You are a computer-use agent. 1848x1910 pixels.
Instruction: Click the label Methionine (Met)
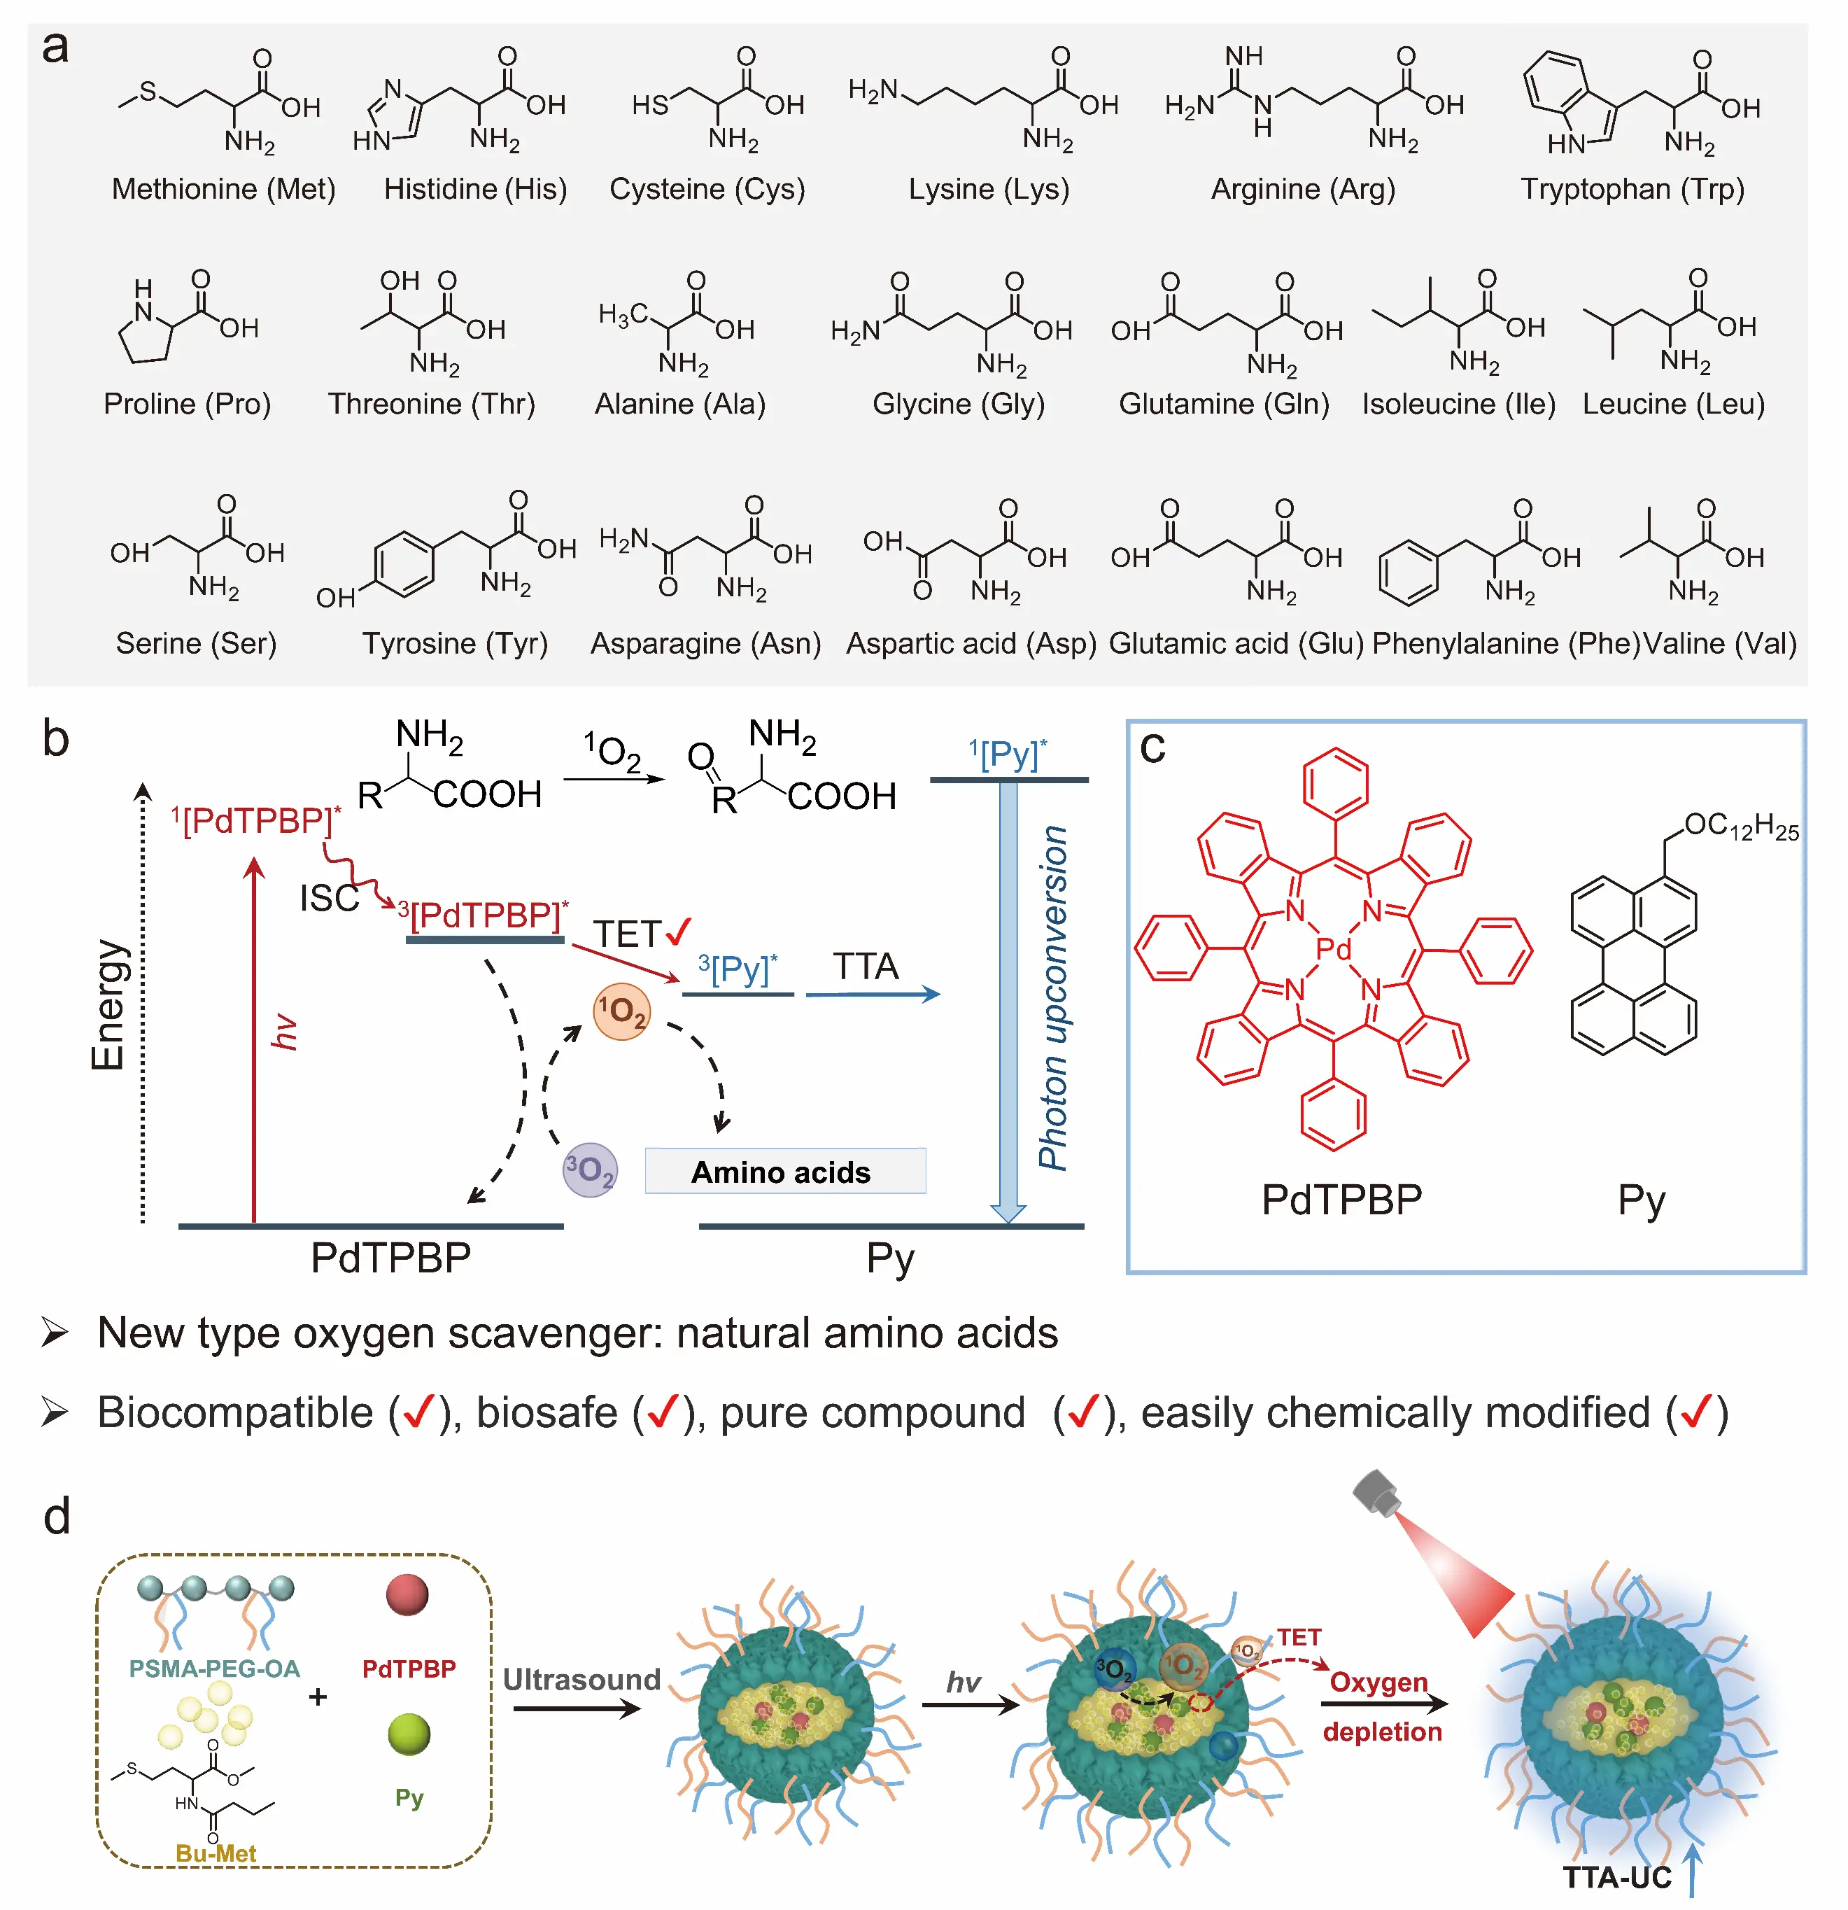[223, 189]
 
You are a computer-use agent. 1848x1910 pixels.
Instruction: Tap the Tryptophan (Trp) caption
[1632, 189]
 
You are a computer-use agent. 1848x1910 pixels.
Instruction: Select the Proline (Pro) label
[187, 403]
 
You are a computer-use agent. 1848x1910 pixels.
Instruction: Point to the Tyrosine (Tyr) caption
[455, 643]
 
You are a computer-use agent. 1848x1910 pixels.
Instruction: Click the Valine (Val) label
[1719, 643]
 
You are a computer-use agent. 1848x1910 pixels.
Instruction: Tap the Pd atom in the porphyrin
[1333, 948]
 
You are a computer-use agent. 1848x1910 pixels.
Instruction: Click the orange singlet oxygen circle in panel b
[621, 1011]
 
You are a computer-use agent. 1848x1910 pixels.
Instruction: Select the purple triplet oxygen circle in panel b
[589, 1170]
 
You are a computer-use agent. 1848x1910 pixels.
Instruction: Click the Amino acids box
[784, 1172]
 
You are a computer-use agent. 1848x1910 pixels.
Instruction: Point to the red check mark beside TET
[678, 932]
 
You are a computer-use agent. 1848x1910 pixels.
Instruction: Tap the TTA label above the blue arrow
[865, 967]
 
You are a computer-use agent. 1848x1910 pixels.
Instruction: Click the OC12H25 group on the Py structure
[1740, 827]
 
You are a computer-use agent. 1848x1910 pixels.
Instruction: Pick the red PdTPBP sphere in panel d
[407, 1595]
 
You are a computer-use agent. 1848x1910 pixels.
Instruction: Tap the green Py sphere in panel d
[408, 1734]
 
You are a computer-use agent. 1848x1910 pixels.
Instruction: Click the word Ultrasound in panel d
[581, 1679]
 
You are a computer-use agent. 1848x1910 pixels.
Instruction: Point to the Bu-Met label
[216, 1853]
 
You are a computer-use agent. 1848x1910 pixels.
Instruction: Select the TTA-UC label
[1617, 1877]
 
